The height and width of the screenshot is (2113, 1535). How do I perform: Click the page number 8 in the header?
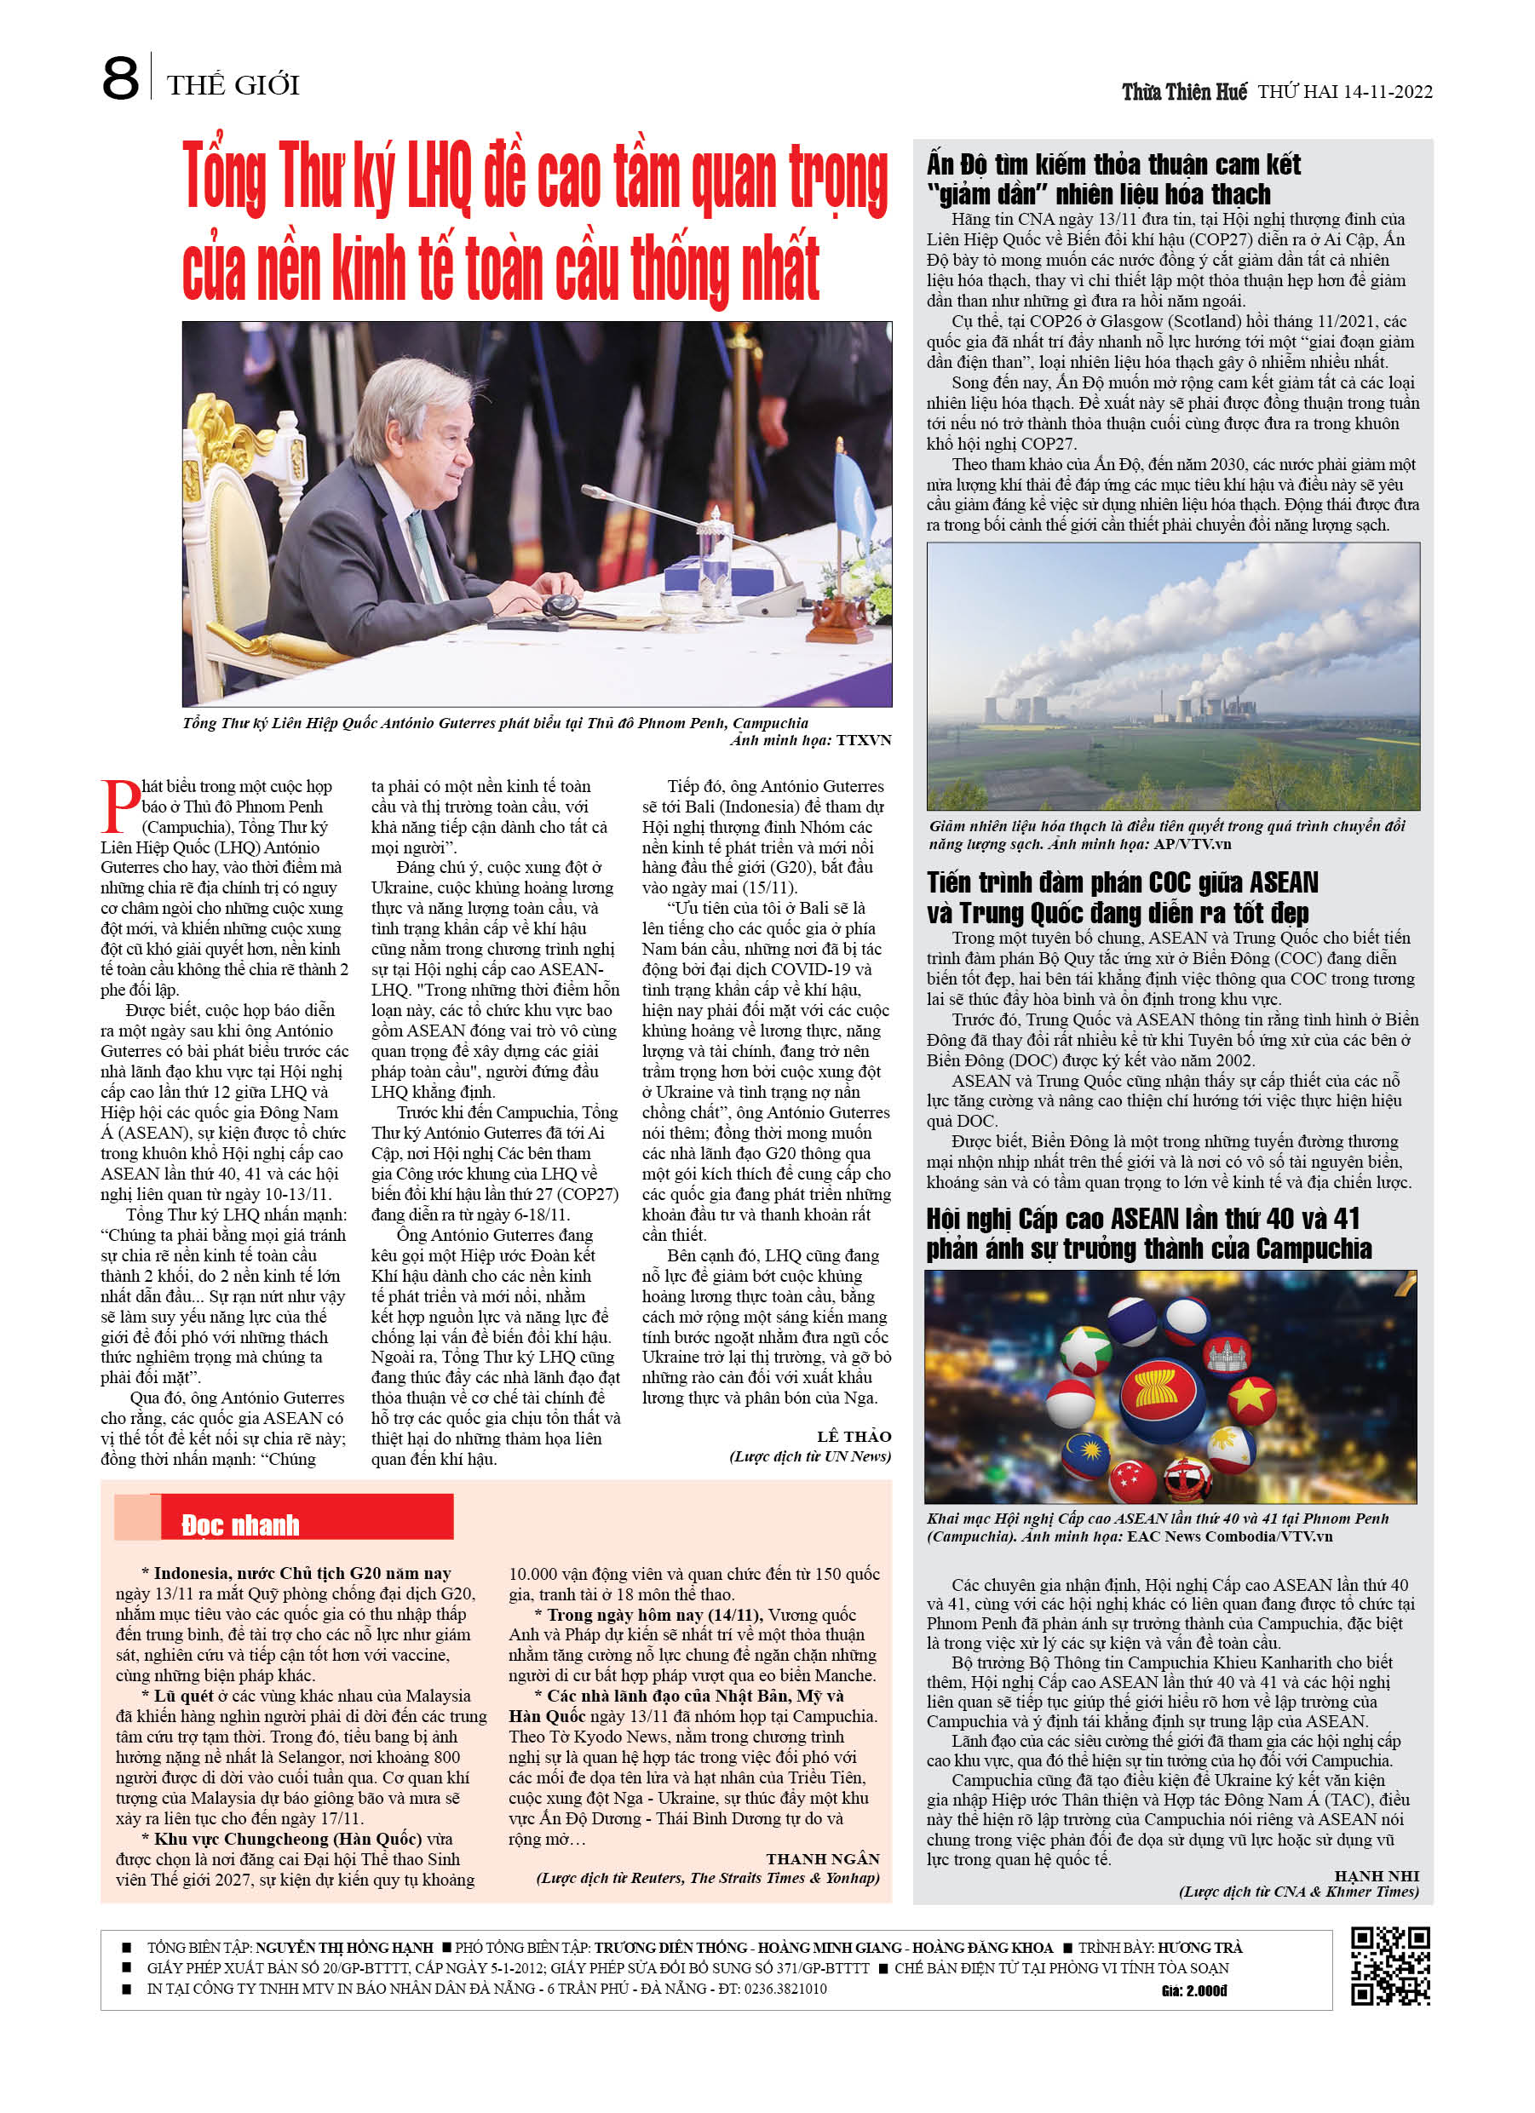[120, 79]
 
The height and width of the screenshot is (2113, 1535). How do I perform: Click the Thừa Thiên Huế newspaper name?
[1184, 92]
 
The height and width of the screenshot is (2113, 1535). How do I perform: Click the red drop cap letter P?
[119, 807]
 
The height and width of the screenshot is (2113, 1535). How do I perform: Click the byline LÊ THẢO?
[854, 1437]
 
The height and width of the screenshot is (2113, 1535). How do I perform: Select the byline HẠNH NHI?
[1377, 1875]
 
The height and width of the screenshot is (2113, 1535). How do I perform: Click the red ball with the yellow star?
[1251, 1398]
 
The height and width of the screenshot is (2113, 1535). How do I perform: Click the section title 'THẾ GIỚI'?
[233, 86]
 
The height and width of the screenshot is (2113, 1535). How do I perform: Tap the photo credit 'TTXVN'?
[863, 741]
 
